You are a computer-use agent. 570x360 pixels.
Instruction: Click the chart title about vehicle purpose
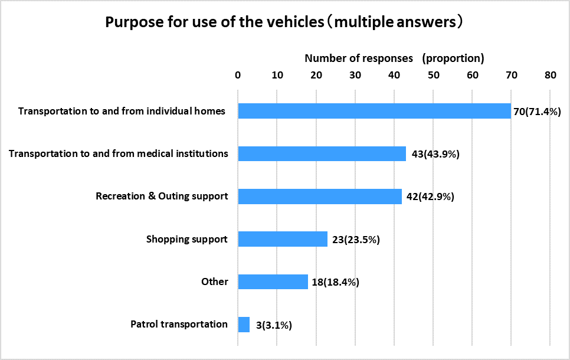pos(283,22)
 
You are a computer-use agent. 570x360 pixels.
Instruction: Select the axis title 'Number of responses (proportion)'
pos(394,58)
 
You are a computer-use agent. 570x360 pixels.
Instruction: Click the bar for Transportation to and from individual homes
pos(374,111)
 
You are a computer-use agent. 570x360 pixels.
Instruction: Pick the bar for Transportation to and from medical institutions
pos(322,153)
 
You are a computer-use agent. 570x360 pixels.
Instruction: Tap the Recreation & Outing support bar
pos(320,196)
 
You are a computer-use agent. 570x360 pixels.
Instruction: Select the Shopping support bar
pos(283,239)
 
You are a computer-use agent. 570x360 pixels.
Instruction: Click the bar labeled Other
pos(273,282)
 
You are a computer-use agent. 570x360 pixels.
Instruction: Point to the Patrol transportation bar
pos(244,324)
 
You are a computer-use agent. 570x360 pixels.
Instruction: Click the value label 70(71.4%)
pos(536,112)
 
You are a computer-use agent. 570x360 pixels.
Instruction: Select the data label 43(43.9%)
pos(435,154)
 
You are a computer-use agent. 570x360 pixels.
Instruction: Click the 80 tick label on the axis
pos(551,75)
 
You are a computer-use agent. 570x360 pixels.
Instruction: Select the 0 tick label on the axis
pos(238,75)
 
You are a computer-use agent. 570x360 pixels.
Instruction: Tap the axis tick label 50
pos(433,75)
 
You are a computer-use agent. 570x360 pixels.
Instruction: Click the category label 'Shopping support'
pos(187,239)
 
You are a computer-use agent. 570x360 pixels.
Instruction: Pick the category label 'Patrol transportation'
pos(179,324)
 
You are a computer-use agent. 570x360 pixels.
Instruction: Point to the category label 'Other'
pos(214,282)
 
